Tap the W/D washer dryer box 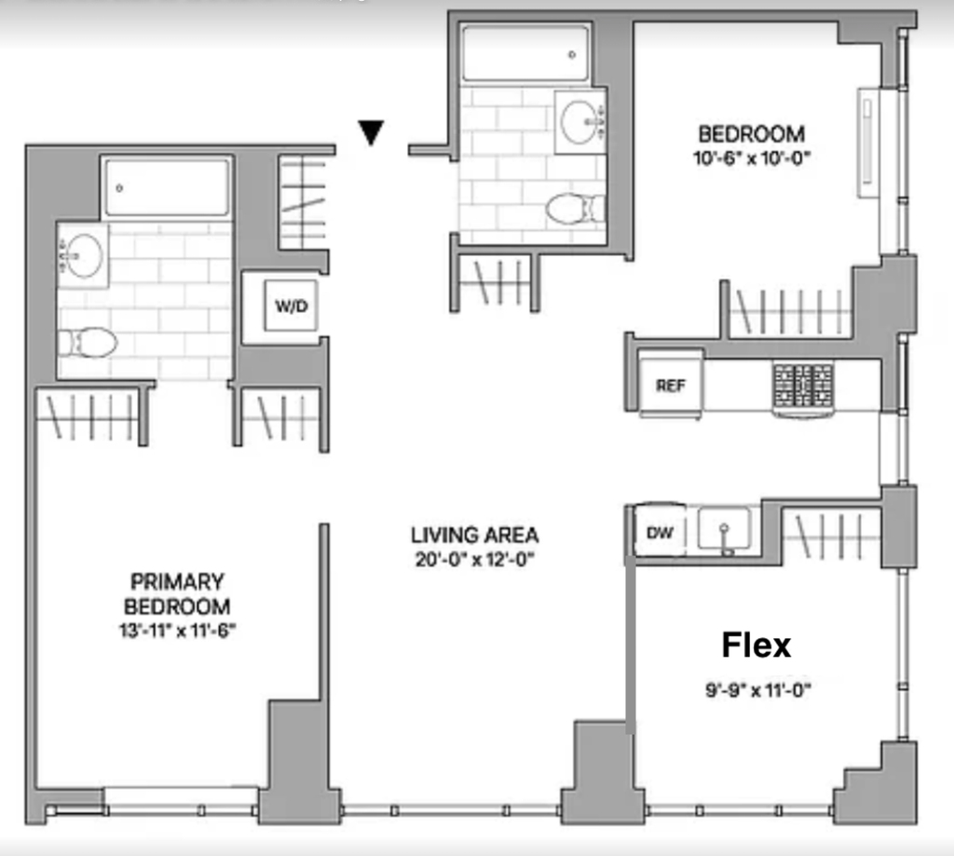[291, 306]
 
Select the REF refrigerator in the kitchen [671, 385]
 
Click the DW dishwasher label [660, 533]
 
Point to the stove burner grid [803, 386]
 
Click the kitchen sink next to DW [725, 528]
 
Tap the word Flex [756, 645]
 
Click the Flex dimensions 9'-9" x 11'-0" [758, 690]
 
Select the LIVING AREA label [474, 536]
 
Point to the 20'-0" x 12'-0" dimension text [474, 559]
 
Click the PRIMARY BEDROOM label [177, 593]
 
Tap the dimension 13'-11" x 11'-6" [177, 631]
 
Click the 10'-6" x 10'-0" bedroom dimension [752, 158]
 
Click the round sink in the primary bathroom [83, 255]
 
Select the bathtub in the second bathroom [525, 53]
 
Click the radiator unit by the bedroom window [868, 143]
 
